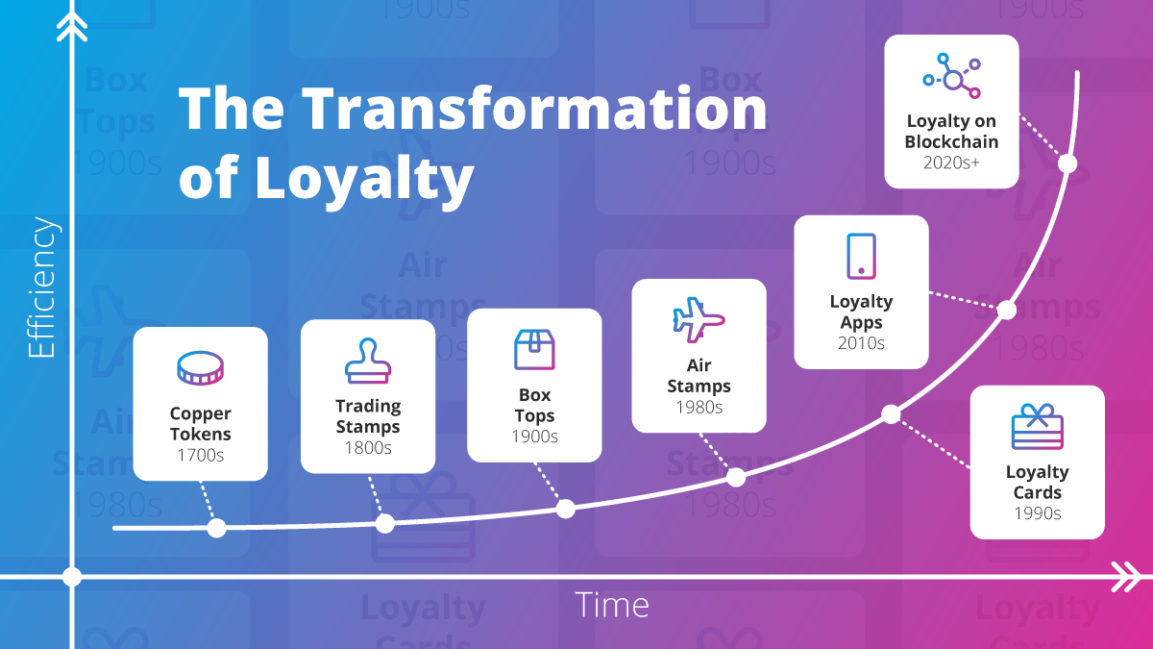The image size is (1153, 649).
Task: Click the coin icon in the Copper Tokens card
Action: click(200, 369)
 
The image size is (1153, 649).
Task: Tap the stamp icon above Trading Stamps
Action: click(368, 362)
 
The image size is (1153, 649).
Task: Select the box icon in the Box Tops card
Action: click(534, 349)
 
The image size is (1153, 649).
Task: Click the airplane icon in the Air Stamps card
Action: click(699, 320)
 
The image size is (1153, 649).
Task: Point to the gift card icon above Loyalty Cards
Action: click(1037, 428)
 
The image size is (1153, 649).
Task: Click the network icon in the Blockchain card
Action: click(951, 74)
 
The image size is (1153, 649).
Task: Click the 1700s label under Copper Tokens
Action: click(200, 455)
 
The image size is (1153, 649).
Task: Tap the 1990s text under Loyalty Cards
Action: click(1037, 512)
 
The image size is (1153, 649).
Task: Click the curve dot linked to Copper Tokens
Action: click(216, 527)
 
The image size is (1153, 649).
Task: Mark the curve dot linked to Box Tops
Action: click(566, 509)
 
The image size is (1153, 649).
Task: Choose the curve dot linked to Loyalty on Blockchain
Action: click(1067, 163)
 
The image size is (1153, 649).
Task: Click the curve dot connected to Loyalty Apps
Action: click(1006, 310)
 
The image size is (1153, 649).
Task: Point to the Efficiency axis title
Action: click(40, 288)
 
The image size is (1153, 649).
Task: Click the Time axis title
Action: click(612, 605)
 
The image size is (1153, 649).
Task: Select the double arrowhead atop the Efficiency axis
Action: click(72, 27)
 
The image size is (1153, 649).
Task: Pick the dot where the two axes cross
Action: click(72, 577)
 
